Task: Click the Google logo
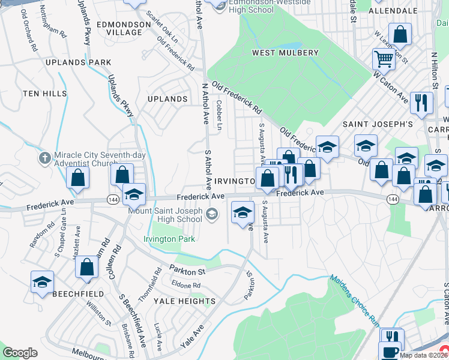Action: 20,353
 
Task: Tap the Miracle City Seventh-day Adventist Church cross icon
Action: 44,158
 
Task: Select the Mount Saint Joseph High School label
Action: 164,214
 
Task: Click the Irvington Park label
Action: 169,239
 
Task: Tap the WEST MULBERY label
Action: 285,53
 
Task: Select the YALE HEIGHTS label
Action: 184,301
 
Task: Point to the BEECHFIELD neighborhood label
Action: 78,294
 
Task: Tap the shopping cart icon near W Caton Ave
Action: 384,59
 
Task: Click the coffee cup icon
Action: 390,351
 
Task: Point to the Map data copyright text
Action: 424,355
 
